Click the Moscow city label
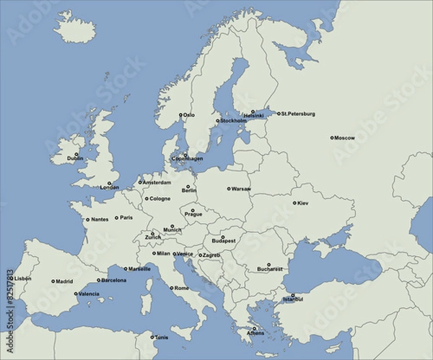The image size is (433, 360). pos(345,138)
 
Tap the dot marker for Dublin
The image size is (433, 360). pos(76,154)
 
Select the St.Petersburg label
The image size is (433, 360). pos(298,114)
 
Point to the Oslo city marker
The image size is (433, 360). pos(181,114)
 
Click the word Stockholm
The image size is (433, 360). pos(233,121)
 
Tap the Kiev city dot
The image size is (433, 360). pos(294,203)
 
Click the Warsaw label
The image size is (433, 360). pos(241,189)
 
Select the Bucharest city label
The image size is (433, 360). pos(269,270)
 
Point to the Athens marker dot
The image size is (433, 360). pos(253,328)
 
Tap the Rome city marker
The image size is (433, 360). pos(171,288)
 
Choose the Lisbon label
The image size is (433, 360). pos(23,278)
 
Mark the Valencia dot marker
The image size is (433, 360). pos(76,294)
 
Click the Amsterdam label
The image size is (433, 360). pos(157,183)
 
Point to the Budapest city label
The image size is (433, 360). pos(224,242)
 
